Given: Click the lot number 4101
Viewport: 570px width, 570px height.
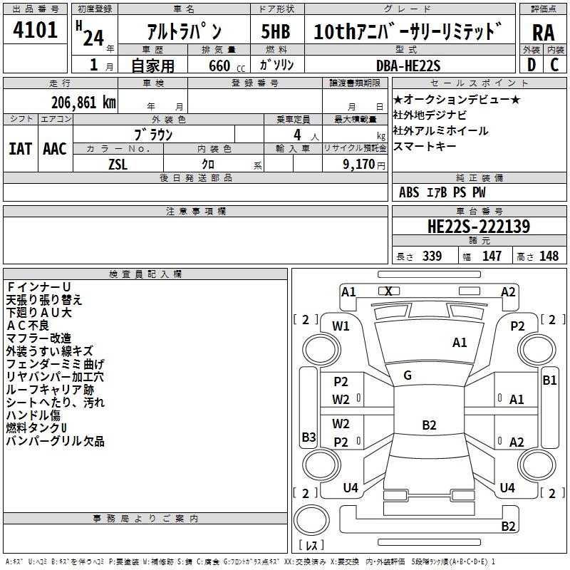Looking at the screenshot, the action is pos(35,30).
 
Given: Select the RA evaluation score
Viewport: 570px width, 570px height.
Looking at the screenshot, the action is pos(543,32).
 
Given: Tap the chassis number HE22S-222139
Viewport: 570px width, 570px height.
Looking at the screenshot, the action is pos(478,227).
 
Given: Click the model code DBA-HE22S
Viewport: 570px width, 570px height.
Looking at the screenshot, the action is pos(408,65).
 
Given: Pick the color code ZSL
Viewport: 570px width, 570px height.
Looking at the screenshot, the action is pos(118,164).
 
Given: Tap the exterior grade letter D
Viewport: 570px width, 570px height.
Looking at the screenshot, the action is pos(531,64).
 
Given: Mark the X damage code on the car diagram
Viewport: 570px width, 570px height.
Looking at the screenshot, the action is pos(388,291).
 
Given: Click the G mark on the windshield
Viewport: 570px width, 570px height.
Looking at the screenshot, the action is pos(408,375).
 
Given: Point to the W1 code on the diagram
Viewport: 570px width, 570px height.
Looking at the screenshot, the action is pos(341,326).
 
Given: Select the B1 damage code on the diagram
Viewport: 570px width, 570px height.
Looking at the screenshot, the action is pos(549,380).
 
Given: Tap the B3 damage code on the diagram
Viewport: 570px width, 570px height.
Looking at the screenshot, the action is pos(309,437).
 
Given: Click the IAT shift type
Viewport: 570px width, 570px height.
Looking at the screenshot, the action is pos(20,148).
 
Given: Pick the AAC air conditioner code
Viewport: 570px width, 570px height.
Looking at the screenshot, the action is pos(54,148).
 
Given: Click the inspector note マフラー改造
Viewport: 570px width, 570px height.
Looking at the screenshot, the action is pos(38,338).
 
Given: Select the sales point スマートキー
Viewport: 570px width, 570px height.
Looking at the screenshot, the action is pos(424,147).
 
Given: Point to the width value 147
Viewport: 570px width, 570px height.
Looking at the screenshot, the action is pos(492,256).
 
